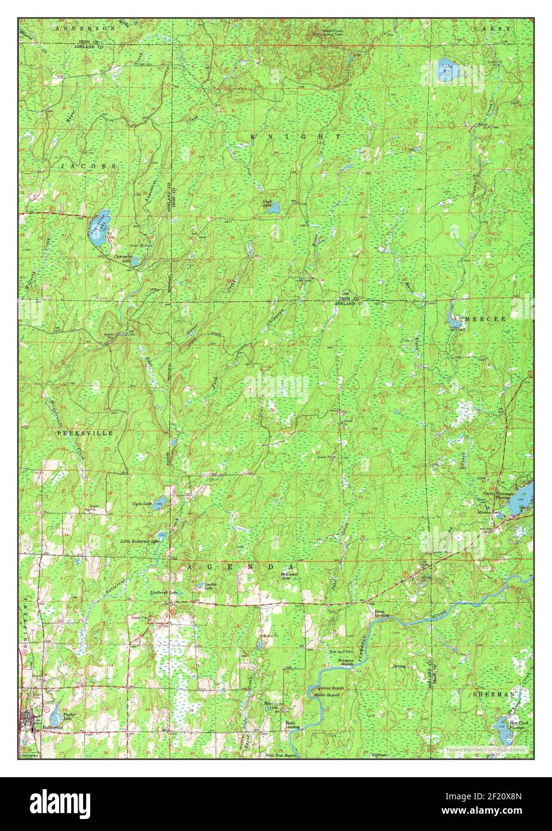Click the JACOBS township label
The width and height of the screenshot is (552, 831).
pos(88,164)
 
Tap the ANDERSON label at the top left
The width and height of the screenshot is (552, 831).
pos(78,28)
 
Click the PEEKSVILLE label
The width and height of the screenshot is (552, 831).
pos(85,432)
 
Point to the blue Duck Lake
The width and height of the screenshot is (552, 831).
pos(274,208)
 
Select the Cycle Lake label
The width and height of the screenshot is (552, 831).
pos(142,504)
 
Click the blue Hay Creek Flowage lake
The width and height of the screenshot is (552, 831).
pos(502,729)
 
